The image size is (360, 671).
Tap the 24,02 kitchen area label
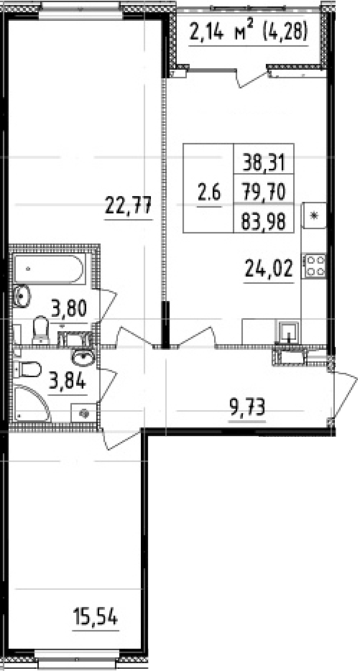point(270,271)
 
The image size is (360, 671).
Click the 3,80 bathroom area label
point(68,310)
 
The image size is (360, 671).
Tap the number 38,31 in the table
point(264,162)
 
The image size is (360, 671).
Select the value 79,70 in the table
point(264,192)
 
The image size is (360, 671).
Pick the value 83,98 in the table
point(264,221)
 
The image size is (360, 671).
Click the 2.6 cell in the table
point(210,192)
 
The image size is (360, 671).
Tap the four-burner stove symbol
point(315,265)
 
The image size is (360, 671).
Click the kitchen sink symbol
point(289,331)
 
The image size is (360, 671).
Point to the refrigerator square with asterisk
point(314,215)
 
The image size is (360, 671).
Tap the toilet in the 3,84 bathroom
point(27,371)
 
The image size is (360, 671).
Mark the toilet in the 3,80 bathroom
point(41,330)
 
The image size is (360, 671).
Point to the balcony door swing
point(251,76)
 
